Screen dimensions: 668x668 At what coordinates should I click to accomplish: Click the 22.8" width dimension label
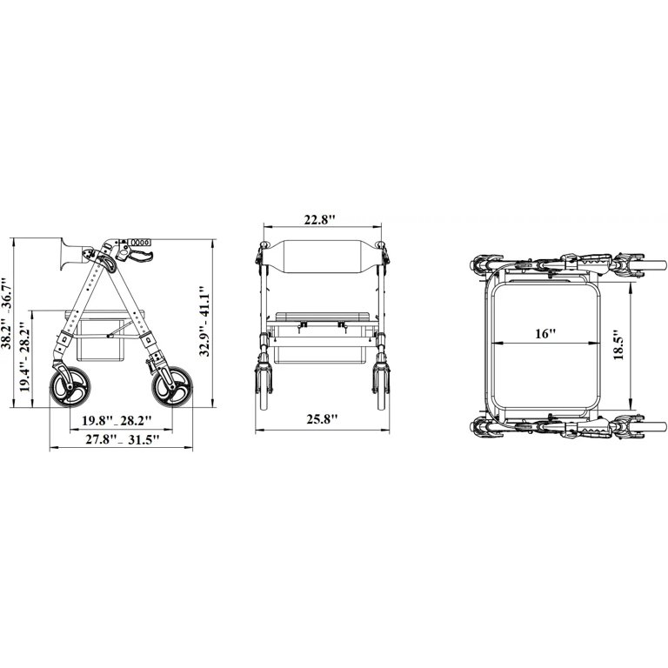(x=319, y=220)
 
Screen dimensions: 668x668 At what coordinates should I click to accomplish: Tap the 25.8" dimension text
(x=322, y=419)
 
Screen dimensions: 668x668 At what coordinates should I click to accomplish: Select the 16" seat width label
(x=545, y=334)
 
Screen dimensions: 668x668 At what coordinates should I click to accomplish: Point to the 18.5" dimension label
(x=618, y=344)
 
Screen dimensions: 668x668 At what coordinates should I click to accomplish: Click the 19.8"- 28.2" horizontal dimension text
(x=117, y=421)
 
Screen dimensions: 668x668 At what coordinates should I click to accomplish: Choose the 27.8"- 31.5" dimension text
(x=123, y=439)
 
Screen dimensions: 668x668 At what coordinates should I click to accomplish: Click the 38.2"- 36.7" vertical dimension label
(x=7, y=313)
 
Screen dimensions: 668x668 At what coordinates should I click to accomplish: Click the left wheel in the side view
(x=70, y=387)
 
